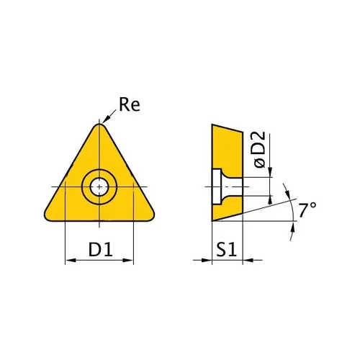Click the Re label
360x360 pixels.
pos(130,104)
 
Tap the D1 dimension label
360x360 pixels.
pos(101,249)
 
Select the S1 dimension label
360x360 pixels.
pos(226,249)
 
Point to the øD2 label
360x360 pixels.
pos(260,150)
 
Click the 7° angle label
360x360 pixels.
pos(307,210)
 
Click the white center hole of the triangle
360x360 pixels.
pos(99,186)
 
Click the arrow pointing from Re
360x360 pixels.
pos(109,117)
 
